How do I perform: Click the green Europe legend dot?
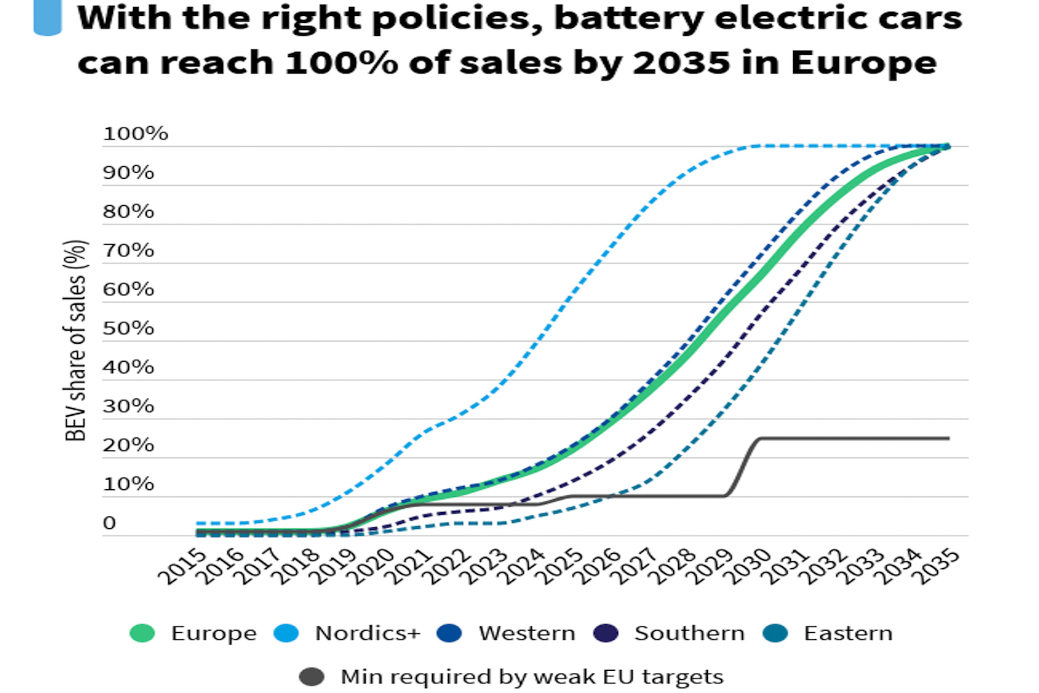[x=142, y=633]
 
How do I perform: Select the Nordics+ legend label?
[x=367, y=633]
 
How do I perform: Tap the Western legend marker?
[x=450, y=633]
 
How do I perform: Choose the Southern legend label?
[x=689, y=633]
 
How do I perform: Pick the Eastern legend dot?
[x=775, y=633]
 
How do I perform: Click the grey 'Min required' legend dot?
[x=312, y=676]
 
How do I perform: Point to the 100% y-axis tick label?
[x=135, y=134]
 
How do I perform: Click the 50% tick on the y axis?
[x=128, y=328]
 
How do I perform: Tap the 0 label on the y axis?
[x=109, y=523]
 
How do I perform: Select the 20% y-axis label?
[x=128, y=445]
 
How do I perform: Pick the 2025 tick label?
[x=560, y=566]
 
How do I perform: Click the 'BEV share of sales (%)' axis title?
[x=76, y=340]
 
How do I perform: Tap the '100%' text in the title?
[x=341, y=63]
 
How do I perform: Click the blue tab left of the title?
[x=47, y=17]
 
